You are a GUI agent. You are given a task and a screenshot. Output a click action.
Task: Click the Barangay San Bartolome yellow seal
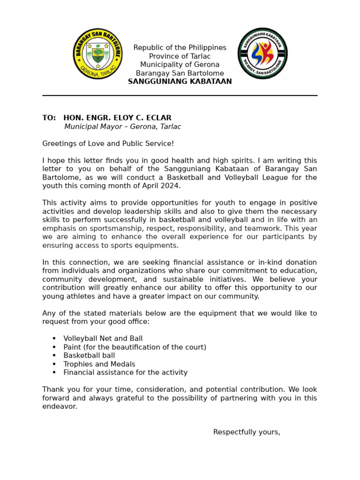tap(97, 54)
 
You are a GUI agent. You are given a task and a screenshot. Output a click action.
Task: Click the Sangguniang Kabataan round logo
tap(262, 53)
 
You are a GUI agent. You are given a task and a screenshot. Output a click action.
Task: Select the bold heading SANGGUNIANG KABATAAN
tap(180, 82)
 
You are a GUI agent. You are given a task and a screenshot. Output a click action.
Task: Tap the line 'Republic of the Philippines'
tap(180, 48)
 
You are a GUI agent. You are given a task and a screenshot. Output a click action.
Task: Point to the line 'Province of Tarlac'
tap(180, 56)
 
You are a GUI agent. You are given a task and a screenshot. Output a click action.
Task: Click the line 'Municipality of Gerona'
tap(180, 65)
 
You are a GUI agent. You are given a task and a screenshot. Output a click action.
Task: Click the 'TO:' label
tap(49, 118)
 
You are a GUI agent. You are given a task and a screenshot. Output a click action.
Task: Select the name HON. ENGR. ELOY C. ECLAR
tap(117, 118)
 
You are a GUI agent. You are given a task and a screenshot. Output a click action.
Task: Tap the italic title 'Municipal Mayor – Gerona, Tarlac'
tap(122, 127)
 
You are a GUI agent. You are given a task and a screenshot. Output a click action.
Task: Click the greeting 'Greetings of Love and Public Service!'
tap(108, 143)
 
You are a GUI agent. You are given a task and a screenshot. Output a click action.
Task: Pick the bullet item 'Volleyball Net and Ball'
tap(103, 338)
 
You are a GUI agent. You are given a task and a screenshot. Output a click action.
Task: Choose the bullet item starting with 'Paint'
tap(135, 347)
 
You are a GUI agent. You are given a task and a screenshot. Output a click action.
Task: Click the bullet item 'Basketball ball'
tap(89, 356)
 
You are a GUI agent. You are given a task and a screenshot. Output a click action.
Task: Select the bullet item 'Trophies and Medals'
tap(99, 364)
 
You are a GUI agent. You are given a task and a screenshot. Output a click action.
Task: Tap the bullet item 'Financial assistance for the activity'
tap(125, 373)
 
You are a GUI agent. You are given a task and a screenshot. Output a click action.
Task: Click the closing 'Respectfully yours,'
tap(247, 432)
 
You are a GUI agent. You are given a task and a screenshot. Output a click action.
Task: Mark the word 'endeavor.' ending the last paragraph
tap(60, 407)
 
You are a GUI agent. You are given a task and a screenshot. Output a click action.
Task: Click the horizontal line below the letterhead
tap(180, 96)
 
